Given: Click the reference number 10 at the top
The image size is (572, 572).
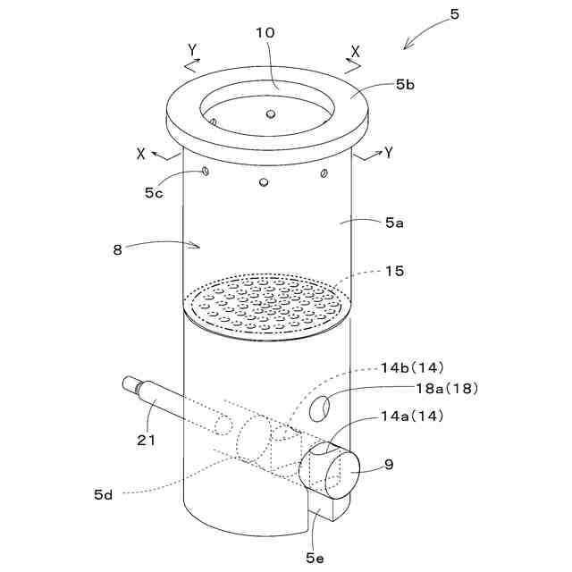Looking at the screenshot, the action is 265,33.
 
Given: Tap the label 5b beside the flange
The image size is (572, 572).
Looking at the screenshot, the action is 405,85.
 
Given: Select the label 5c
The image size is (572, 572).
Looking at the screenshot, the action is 154,193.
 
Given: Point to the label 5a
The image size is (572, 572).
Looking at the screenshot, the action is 395,223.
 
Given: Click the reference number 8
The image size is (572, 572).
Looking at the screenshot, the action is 117,250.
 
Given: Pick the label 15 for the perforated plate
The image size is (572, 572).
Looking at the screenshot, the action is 395,271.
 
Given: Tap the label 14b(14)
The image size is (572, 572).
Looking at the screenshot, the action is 412,367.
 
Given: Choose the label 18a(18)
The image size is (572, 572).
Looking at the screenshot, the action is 447,389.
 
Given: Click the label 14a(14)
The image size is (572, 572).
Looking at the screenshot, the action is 412,416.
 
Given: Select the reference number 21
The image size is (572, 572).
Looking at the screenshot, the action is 147,441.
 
